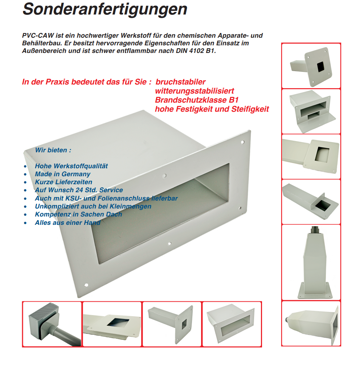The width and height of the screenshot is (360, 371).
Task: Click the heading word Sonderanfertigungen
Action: point(105,9)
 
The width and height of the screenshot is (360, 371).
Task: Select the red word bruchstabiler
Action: point(180,82)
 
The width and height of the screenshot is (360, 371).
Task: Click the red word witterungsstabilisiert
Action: point(194,91)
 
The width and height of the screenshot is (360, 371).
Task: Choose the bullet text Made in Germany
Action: point(62,174)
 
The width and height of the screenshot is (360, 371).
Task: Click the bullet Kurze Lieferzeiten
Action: point(64,182)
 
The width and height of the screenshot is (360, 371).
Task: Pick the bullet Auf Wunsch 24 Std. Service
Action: point(79,190)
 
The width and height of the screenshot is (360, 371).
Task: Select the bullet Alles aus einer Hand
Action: point(67,223)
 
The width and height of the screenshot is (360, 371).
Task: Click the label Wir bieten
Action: point(53,150)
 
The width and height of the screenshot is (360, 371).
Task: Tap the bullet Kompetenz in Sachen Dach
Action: point(78,214)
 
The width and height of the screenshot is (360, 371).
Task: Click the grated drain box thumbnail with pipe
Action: point(52,324)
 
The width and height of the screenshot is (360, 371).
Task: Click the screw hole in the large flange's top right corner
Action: point(242,143)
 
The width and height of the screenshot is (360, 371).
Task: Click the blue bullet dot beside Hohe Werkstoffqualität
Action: point(25,166)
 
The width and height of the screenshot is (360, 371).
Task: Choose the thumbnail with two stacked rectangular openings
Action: point(311,111)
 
